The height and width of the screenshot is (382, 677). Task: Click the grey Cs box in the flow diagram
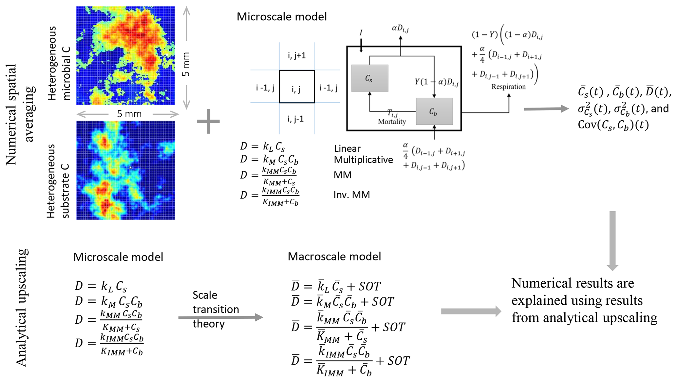pos(369,78)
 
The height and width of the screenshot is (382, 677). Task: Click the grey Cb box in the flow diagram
pos(434,111)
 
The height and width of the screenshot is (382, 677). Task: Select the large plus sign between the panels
pos(208,121)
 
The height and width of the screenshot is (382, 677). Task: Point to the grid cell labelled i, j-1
pos(296,119)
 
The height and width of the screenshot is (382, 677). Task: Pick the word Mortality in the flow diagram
pos(392,122)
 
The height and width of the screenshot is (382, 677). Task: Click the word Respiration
pos(508,87)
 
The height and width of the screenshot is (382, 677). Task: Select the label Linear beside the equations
pos(347,149)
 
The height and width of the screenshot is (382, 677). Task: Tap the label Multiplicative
pos(363,160)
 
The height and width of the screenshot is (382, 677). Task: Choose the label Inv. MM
pos(351,195)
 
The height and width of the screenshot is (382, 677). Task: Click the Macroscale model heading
pos(334,256)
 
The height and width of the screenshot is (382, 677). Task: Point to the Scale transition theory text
pos(216,309)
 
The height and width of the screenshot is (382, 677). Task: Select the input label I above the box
pos(361,33)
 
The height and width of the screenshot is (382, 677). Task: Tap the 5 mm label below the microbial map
pos(129,114)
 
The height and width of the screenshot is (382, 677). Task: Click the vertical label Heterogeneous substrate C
pos(58,181)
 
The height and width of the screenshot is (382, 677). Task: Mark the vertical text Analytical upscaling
pos(22,307)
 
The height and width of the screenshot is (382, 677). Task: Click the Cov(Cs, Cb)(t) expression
pos(613,125)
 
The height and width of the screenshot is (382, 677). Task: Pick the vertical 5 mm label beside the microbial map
pos(186,64)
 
